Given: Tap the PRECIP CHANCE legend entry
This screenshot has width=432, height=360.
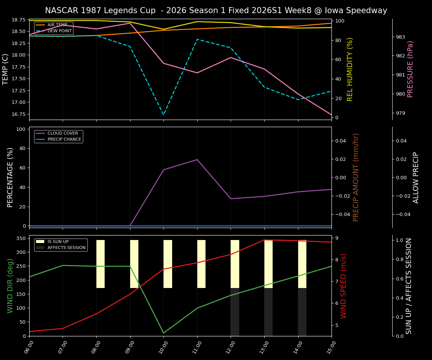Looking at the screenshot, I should (x=64, y=139).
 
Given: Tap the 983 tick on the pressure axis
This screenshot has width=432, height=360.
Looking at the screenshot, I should (x=400, y=37).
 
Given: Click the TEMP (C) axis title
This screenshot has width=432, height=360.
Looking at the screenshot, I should (x=6, y=69).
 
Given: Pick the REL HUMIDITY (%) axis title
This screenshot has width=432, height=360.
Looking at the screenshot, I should (x=350, y=69).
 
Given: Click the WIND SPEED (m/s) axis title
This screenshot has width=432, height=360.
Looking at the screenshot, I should (x=343, y=285).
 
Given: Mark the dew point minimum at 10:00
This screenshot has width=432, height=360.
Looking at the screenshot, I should (x=163, y=115).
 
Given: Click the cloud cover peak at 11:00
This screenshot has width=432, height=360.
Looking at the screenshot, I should (x=197, y=160).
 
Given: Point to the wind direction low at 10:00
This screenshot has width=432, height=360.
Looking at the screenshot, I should (x=163, y=333).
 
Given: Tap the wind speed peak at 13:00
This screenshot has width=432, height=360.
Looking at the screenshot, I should (x=264, y=240).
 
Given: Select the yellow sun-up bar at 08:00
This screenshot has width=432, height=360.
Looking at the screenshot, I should (x=100, y=264).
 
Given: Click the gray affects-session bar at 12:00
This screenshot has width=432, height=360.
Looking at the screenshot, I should (x=235, y=312).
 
